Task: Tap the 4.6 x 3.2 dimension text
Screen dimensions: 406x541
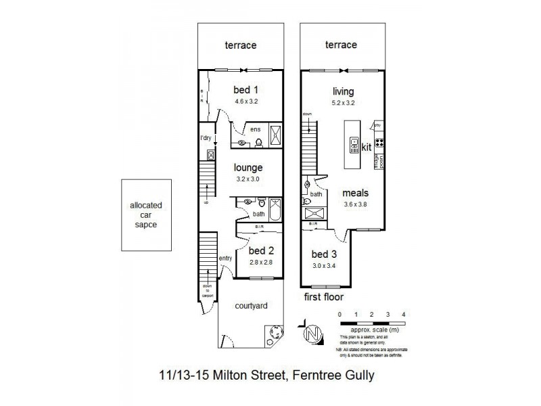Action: pos(247,101)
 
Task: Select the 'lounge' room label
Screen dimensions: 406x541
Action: pos(248,168)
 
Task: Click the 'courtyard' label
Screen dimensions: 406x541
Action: pos(250,305)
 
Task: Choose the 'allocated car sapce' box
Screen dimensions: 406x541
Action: pos(146,215)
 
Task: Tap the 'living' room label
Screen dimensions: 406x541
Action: pos(344,91)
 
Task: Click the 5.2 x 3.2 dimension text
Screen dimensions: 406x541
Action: pos(344,104)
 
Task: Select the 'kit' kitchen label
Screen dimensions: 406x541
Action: pos(367,146)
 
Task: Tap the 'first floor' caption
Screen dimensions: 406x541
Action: pos(323,296)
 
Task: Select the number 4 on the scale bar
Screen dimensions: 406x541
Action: pos(403,315)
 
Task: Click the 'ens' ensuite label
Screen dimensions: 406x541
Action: pos(255,129)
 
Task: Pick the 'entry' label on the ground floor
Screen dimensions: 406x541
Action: pos(226,258)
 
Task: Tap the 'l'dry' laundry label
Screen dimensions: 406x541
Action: pos(206,139)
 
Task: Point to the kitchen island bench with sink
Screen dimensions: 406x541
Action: pos(353,145)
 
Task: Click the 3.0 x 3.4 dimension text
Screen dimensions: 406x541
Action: pos(323,266)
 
